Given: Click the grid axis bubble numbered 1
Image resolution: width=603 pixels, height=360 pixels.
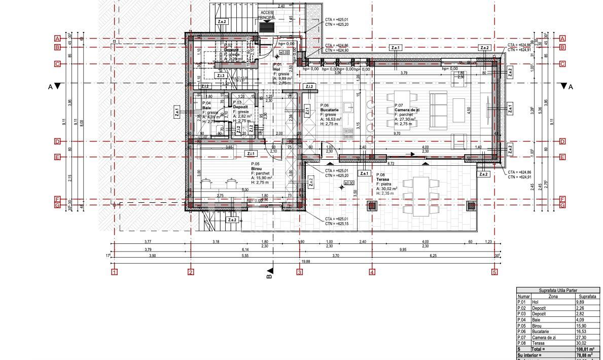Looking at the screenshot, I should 115,272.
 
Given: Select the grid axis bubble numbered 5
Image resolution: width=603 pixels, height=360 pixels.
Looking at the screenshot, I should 494,272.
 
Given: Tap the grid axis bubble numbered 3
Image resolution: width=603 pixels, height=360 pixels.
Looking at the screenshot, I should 300,272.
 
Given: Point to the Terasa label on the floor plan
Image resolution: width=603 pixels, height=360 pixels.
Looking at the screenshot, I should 383,179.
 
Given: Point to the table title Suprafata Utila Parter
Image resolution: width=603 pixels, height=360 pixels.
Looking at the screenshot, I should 558,291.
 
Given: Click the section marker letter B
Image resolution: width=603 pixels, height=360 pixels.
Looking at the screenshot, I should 269,276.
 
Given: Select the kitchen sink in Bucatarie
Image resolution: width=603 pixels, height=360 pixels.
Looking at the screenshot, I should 349,106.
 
